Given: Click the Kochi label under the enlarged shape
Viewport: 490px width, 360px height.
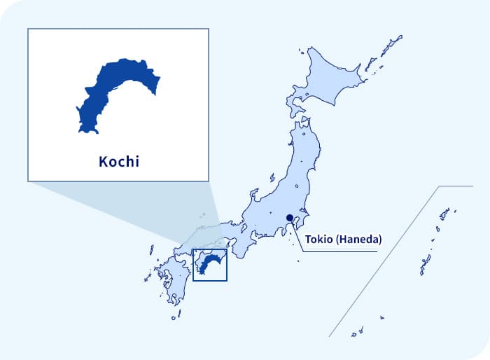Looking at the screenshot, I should [x=118, y=162].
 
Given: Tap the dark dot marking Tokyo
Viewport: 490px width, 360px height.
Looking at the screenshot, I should [x=290, y=218].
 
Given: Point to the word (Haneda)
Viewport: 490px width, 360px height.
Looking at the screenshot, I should [x=360, y=240].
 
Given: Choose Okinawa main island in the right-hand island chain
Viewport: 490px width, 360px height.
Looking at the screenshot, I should [x=425, y=265].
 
